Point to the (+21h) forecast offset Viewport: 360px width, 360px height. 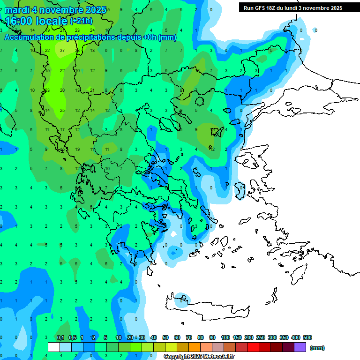(x=81, y=21)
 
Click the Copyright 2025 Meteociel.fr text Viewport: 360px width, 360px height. (x=199, y=356)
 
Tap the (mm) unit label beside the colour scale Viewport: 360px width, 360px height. (x=317, y=348)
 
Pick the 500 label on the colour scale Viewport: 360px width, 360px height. (x=307, y=337)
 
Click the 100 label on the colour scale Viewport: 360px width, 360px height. (x=225, y=337)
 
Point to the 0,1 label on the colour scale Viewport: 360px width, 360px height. (x=60, y=337)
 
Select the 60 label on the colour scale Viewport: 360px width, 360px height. (x=177, y=337)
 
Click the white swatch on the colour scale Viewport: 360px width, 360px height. (x=54, y=347)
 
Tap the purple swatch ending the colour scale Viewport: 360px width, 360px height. (x=300, y=347)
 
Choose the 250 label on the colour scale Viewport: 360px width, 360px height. (x=261, y=337)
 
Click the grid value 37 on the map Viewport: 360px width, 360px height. (x=62, y=50)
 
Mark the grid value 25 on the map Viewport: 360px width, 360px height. (x=62, y=111)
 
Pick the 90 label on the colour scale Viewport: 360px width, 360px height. (x=212, y=337)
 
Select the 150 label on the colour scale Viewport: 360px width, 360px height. (x=237, y=337)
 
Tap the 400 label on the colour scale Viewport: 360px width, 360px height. (x=295, y=337)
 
